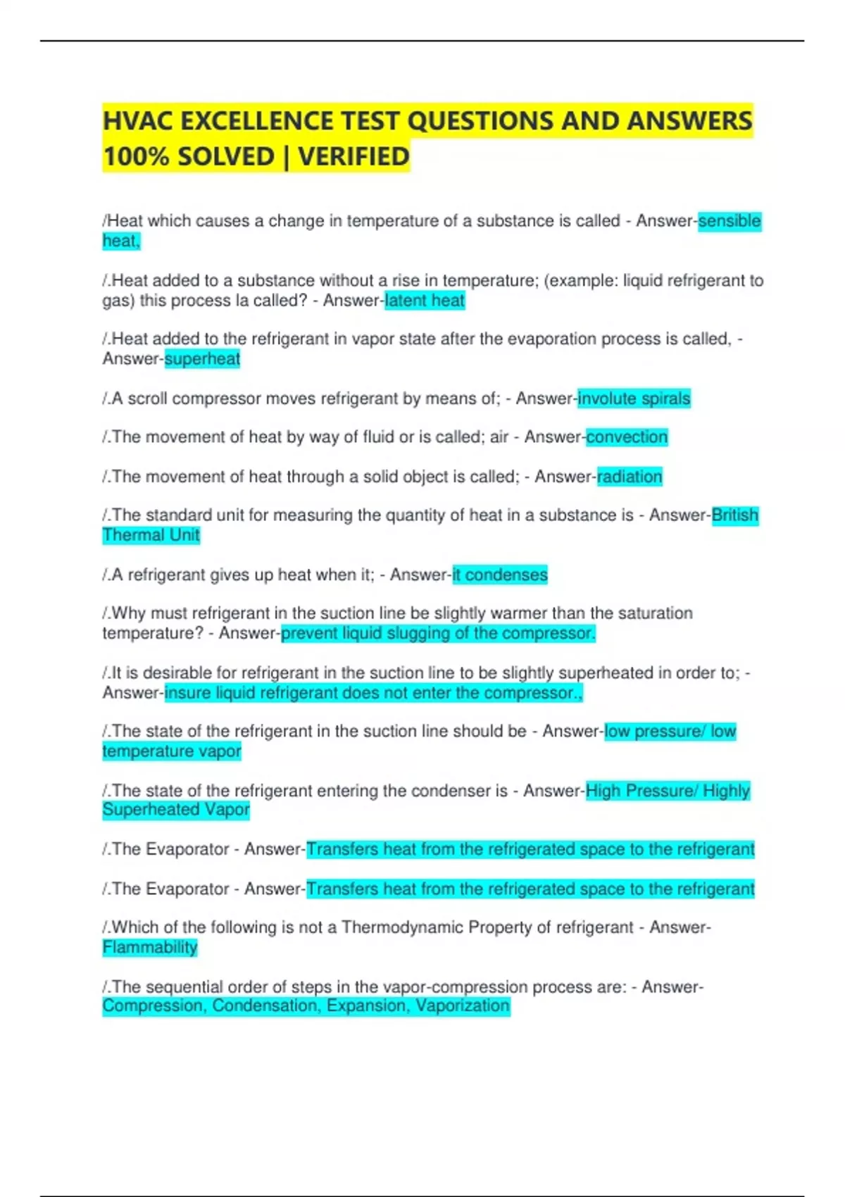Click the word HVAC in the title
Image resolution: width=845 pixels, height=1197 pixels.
tap(138, 121)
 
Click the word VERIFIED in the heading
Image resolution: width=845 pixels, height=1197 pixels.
tap(353, 156)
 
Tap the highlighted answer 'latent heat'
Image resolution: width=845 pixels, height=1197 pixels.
tap(425, 301)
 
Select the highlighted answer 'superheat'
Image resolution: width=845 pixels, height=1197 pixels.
tap(202, 359)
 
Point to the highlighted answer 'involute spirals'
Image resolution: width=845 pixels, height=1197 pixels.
tap(634, 399)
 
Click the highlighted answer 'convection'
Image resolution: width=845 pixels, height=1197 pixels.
tap(627, 437)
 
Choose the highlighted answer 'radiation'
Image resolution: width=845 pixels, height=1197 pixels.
tap(630, 477)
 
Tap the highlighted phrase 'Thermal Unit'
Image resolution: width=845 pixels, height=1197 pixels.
tap(151, 535)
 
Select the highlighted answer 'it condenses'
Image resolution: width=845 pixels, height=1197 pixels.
tap(500, 575)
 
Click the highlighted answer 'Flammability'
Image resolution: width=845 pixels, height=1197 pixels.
tap(150, 947)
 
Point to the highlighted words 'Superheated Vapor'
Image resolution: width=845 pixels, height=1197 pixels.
tap(176, 810)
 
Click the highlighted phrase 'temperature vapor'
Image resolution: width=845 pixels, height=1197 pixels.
tap(172, 751)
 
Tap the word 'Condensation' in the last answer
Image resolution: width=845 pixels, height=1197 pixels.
tap(263, 1005)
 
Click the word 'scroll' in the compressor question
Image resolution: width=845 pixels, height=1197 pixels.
tap(147, 399)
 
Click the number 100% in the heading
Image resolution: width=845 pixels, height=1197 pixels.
tap(137, 156)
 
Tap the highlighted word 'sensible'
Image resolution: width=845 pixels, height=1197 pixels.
tap(729, 221)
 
